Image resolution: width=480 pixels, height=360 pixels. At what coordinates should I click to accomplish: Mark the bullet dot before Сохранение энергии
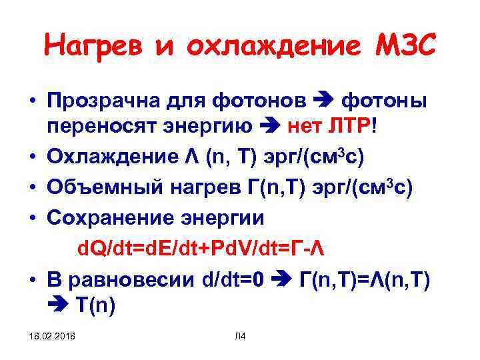tap(31, 218)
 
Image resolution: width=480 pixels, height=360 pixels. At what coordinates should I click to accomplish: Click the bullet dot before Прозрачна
tap(31, 101)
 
